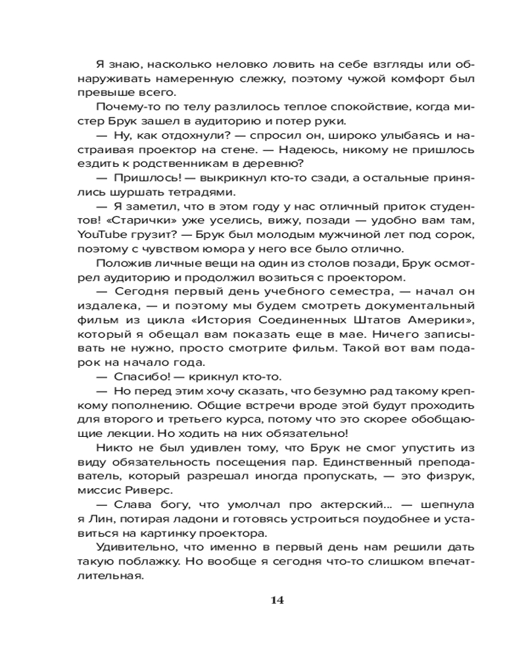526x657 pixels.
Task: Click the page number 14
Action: coord(277,599)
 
